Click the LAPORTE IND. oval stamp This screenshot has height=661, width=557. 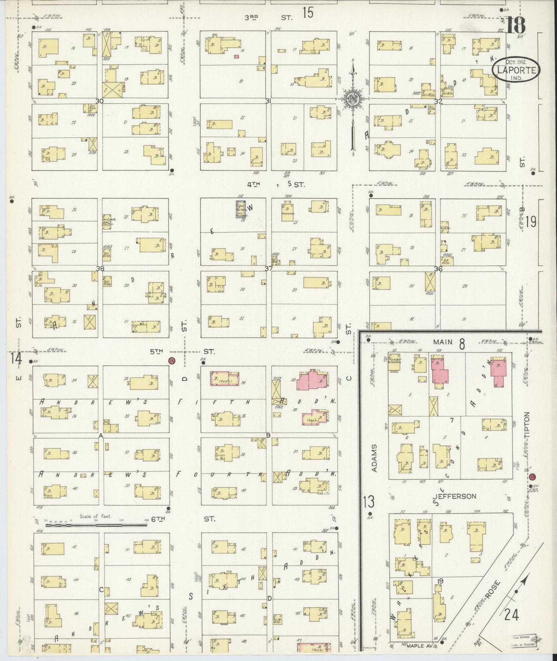516,70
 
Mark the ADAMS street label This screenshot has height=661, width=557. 374,458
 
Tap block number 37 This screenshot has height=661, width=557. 269,268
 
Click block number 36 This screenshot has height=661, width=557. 438,269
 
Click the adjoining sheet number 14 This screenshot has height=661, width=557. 16,358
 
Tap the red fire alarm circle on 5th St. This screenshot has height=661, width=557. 172,361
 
